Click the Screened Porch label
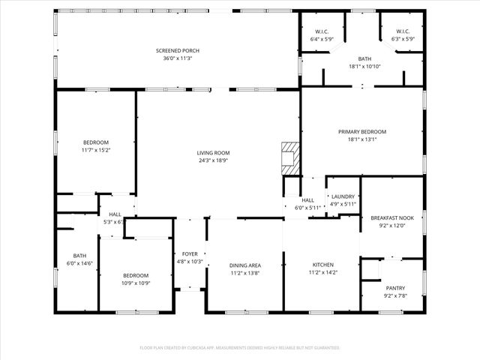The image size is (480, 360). click(x=178, y=51)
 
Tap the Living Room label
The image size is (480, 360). click(x=213, y=153)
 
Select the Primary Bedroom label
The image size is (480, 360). click(x=362, y=131)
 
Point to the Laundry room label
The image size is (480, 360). click(x=343, y=196)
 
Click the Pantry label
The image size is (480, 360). click(x=395, y=288)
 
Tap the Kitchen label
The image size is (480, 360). click(x=324, y=265)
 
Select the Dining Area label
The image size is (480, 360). click(x=244, y=265)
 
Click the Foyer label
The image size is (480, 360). click(x=190, y=254)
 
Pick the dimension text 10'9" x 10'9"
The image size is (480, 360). click(x=136, y=283)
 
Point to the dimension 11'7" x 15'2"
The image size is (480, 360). click(x=96, y=149)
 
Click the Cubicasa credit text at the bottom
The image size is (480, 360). click(x=240, y=348)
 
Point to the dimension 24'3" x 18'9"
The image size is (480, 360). click(x=213, y=160)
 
